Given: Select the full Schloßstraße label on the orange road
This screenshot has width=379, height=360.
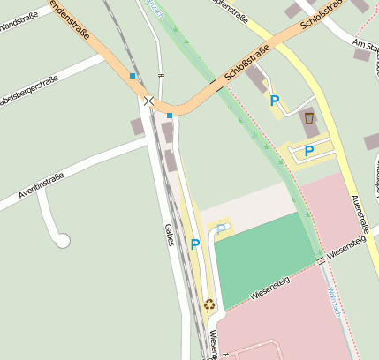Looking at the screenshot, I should [247, 66].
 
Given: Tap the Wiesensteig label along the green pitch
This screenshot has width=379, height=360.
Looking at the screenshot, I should [269, 289].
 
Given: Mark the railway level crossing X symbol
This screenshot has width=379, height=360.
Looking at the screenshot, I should [148, 101].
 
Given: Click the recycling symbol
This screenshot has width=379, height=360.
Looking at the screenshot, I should [209, 304].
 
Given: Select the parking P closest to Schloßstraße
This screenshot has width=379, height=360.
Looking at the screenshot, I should [275, 101].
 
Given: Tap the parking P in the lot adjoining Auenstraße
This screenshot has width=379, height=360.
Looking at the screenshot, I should [309, 151].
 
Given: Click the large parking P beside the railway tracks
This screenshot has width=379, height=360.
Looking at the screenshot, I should [195, 244].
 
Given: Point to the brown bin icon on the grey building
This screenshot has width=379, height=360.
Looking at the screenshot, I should [309, 117].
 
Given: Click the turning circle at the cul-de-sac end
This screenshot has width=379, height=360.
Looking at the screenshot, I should [62, 239].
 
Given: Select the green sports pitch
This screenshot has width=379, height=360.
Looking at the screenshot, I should [263, 257].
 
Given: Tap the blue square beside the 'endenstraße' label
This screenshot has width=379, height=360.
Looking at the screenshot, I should [133, 77].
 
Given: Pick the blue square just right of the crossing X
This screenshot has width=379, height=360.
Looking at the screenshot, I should [169, 115].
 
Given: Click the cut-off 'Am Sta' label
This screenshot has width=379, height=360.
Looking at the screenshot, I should [364, 45].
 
